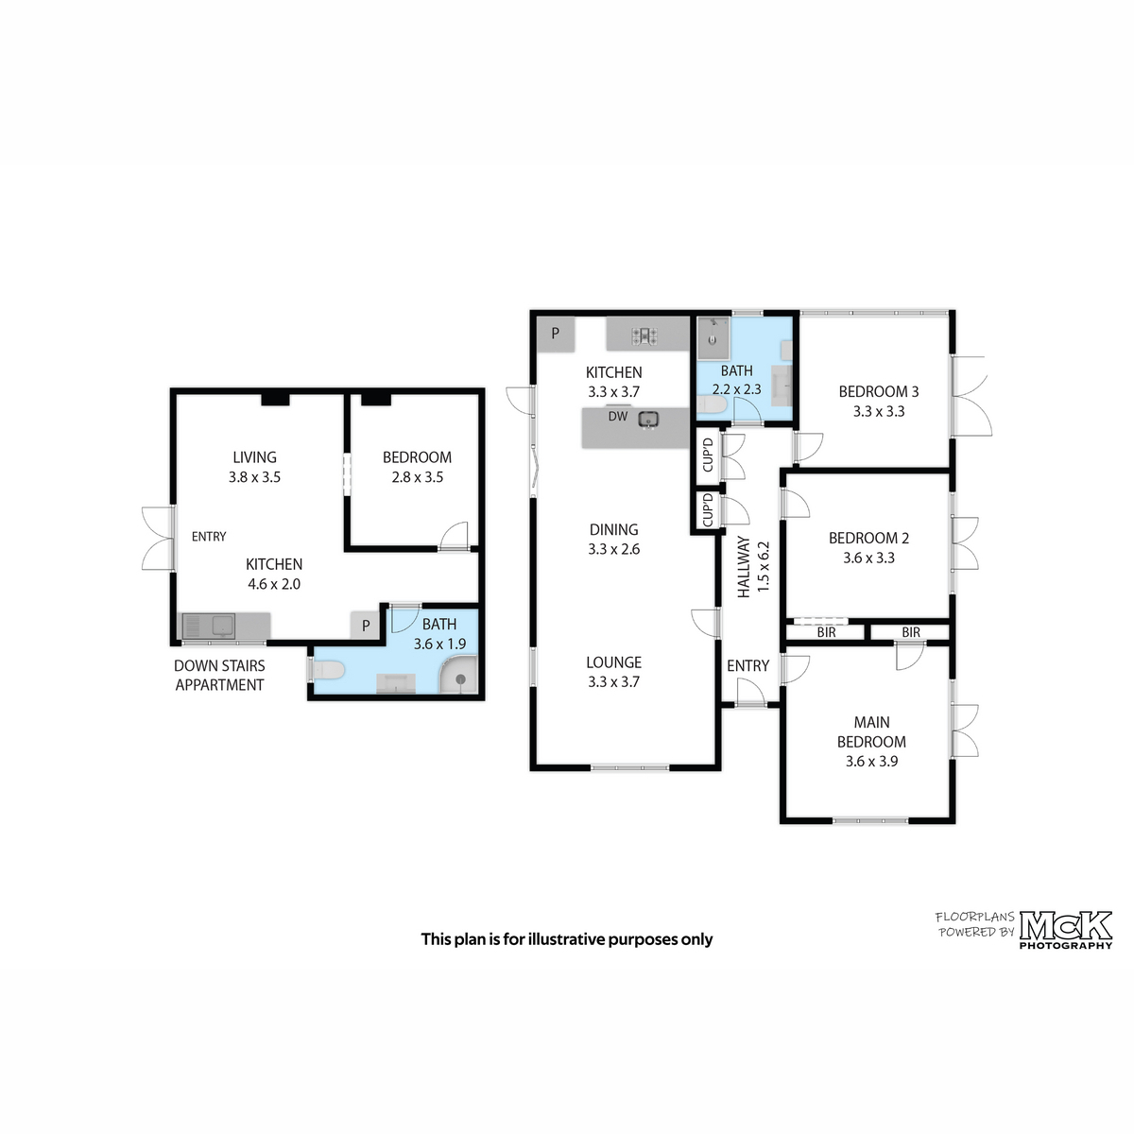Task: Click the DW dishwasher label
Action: [x=617, y=417]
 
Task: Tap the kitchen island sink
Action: [x=648, y=420]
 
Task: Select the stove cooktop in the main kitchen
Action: [x=644, y=336]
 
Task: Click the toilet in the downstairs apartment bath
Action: [x=327, y=670]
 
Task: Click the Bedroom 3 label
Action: [x=878, y=392]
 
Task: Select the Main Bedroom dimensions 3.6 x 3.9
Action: [x=871, y=762]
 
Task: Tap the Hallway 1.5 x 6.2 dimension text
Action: [x=764, y=567]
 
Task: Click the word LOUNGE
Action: [x=613, y=662]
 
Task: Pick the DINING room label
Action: [x=613, y=529]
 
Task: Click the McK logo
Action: [x=1066, y=926]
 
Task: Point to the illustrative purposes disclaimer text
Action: [x=567, y=939]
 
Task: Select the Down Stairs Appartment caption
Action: [x=219, y=676]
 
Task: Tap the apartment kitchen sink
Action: [x=210, y=627]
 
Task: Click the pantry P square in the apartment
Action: [x=366, y=626]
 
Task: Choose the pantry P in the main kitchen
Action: [x=556, y=335]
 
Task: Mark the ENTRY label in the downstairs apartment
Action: [x=209, y=537]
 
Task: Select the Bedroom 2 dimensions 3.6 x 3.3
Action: [x=868, y=558]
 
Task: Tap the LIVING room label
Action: [x=254, y=457]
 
